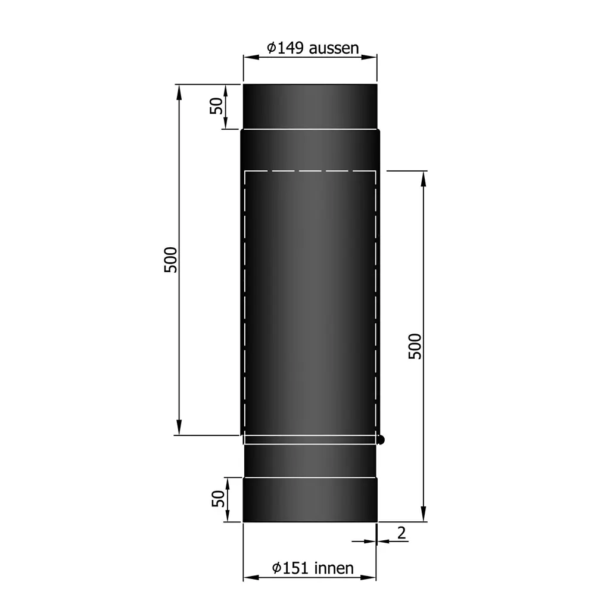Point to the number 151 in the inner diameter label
click(295, 568)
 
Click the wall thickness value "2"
click(402, 533)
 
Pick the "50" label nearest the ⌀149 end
click(217, 106)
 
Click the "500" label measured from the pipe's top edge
click(170, 260)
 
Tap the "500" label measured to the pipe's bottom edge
click(415, 346)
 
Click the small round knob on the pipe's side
click(381, 440)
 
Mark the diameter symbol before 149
click(270, 48)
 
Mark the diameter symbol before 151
click(277, 568)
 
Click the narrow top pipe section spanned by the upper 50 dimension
click(310, 106)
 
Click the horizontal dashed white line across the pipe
click(310, 171)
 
